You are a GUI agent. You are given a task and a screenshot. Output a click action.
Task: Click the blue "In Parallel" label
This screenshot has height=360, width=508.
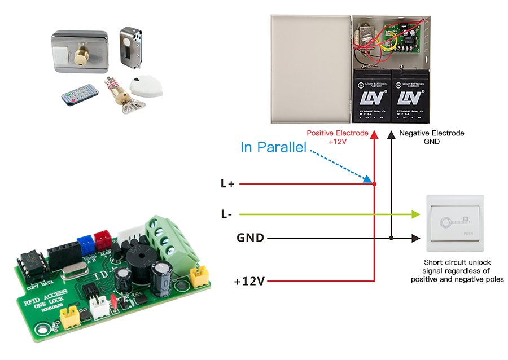point(273,148)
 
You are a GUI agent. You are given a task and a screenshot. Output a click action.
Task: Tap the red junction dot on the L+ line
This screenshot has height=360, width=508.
point(374,184)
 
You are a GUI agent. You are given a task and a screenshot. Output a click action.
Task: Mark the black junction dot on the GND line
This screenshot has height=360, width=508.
point(391,238)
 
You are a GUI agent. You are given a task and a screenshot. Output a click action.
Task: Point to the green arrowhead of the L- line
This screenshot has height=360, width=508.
point(417,214)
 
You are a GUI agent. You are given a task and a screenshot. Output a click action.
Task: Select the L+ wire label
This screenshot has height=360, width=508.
point(227,184)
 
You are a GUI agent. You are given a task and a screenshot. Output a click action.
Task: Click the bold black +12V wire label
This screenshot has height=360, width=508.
point(249,280)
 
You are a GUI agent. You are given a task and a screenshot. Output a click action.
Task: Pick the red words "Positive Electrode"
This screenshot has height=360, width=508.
point(338,133)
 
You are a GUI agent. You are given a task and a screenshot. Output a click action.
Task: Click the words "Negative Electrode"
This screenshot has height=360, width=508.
point(431,133)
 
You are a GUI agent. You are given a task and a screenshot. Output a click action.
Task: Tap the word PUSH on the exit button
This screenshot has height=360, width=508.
point(468,233)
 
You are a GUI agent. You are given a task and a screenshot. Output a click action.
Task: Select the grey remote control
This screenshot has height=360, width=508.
point(81,94)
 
